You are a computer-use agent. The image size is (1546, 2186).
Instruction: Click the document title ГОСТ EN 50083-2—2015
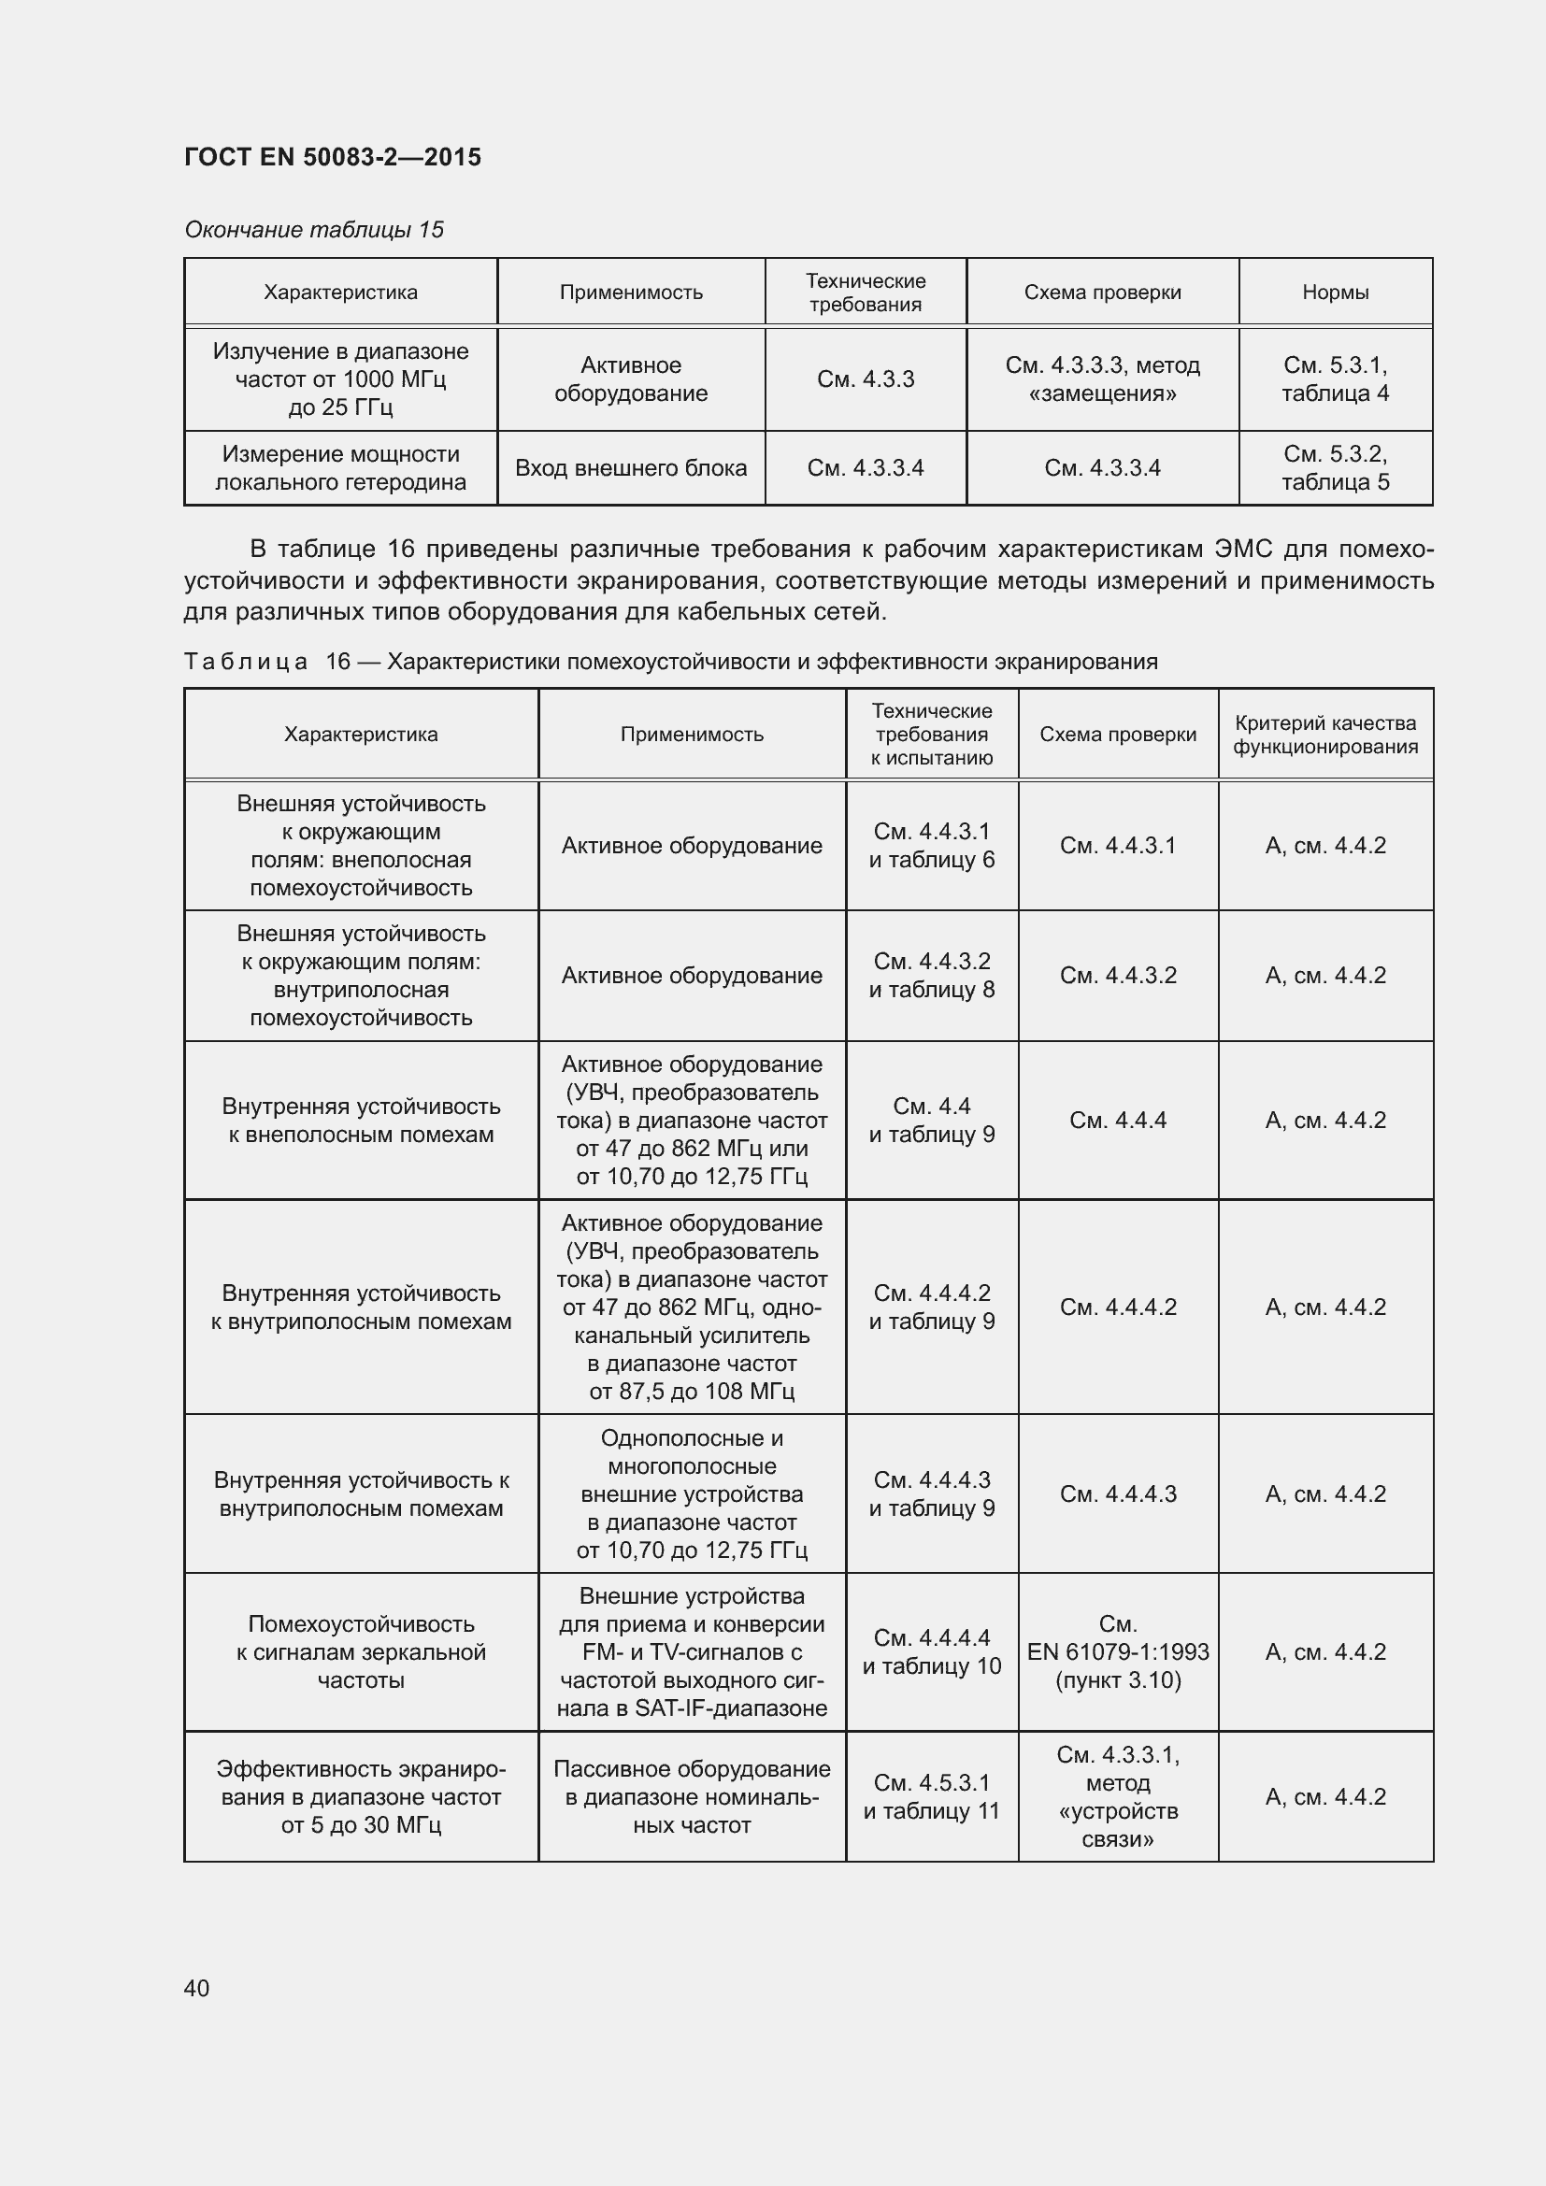332,157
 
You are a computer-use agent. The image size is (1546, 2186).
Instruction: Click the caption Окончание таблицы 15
314,230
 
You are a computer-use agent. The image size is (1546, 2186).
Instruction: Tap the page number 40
197,1988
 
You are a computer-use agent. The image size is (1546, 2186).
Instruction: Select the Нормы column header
1335,293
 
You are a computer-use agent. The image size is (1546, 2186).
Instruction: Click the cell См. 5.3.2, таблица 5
1335,467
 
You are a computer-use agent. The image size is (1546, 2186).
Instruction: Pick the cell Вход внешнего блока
630,467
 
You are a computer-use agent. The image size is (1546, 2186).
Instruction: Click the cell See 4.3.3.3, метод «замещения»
1101,379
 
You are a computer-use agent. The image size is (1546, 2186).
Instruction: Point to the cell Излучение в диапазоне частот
340,379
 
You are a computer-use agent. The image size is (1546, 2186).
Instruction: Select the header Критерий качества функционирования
1325,734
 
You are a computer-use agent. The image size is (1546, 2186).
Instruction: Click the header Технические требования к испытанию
931,734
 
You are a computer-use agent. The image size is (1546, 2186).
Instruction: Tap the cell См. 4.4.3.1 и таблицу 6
931,846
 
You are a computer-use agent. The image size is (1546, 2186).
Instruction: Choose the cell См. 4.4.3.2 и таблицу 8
931,975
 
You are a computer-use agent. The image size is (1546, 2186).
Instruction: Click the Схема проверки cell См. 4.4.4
1118,1120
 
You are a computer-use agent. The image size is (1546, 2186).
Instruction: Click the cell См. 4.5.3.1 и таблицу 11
931,1796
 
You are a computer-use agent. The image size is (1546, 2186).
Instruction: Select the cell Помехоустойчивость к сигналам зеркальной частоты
361,1651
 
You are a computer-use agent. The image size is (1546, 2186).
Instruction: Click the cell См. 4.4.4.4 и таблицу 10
931,1651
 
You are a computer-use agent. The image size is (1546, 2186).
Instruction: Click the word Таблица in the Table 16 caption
246,662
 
